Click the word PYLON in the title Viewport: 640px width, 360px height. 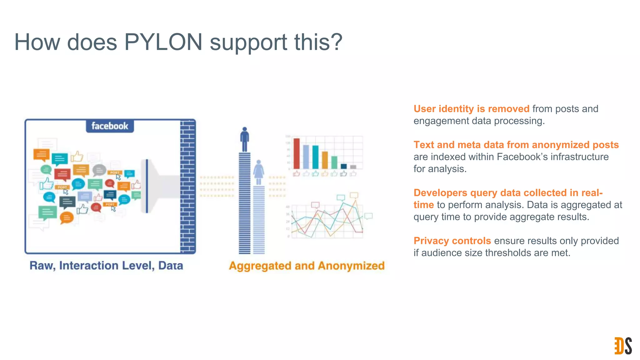[163, 42]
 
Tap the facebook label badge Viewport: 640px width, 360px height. [110, 126]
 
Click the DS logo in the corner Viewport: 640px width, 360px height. [623, 346]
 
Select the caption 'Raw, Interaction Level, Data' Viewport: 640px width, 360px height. [106, 266]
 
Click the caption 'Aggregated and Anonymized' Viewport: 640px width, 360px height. [307, 266]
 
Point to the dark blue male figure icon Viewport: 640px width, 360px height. [245, 139]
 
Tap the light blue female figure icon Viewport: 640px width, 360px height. [259, 172]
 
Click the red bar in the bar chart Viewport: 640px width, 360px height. [297, 153]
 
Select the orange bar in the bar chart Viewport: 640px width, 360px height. [325, 160]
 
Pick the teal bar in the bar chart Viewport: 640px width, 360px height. [316, 157]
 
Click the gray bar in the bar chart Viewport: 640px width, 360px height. [353, 167]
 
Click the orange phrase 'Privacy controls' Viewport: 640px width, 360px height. [452, 241]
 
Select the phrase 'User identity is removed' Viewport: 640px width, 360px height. [471, 109]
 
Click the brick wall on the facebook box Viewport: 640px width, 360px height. [188, 187]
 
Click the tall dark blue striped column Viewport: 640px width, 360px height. [245, 203]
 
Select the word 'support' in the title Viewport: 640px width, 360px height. [248, 42]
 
